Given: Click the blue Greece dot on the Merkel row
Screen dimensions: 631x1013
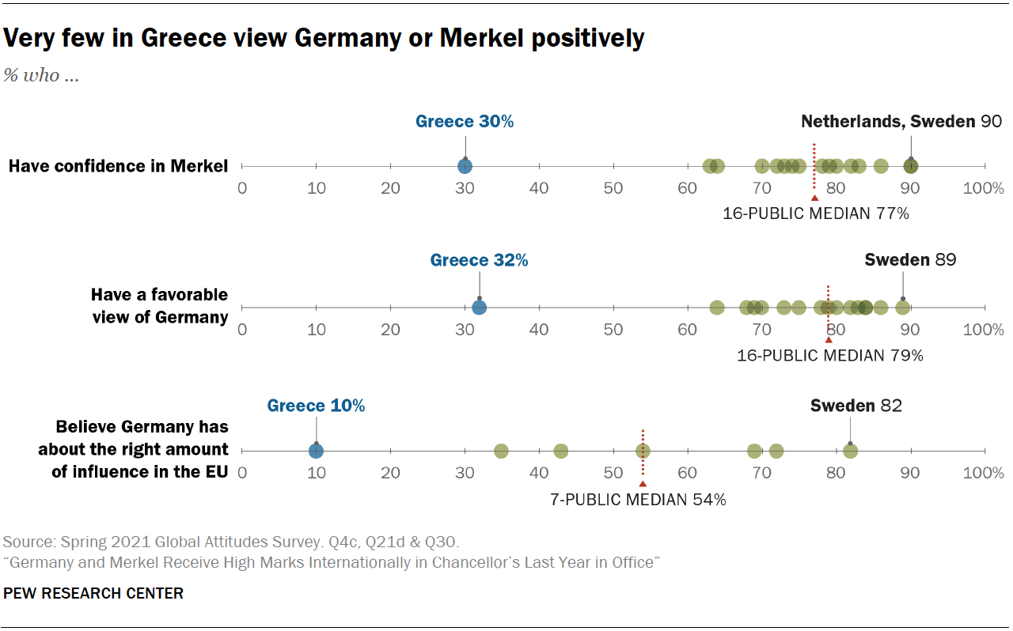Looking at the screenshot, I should (465, 166).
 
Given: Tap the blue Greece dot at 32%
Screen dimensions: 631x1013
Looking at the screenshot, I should (480, 308).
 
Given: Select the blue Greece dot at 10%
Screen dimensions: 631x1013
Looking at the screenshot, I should (316, 451).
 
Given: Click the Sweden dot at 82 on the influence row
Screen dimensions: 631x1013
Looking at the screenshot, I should (850, 451).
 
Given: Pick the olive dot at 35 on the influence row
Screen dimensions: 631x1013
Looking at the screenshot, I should (501, 451).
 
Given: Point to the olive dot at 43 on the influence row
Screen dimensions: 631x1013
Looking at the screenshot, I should (560, 451).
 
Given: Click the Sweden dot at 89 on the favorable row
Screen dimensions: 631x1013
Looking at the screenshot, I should (902, 308).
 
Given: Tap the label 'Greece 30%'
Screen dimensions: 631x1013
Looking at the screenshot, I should (465, 122).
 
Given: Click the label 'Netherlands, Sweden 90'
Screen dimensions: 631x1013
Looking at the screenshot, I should (901, 122).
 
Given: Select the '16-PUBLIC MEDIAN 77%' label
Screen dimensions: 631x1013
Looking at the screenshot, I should (816, 213).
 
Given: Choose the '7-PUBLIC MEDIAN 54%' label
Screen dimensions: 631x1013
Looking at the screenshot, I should (638, 499).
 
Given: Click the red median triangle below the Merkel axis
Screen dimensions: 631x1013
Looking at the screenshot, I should (814, 198).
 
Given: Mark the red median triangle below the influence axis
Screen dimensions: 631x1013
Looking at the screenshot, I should (643, 483).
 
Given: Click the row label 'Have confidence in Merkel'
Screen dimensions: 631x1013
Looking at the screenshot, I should (119, 166).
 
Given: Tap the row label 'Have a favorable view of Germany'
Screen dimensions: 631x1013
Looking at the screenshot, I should (159, 306).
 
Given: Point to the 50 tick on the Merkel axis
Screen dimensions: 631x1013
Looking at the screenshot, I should (613, 188).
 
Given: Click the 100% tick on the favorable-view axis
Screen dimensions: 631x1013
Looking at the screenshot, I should (983, 330).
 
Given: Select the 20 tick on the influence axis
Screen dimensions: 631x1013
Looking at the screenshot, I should (390, 473).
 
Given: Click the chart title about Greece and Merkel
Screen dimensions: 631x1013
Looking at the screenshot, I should (324, 38).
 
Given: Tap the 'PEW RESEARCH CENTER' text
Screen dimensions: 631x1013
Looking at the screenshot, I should (93, 593).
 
